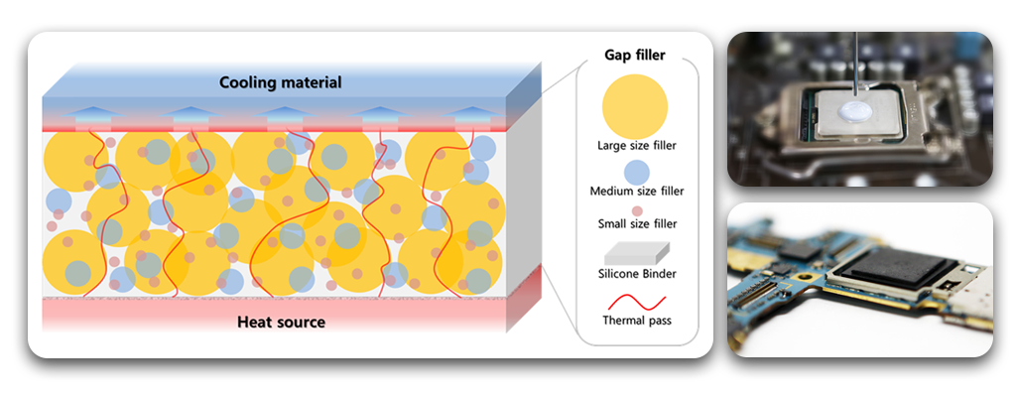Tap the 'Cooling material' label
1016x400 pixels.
[281, 82]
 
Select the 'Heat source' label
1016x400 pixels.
[281, 322]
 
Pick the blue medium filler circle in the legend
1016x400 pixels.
[634, 170]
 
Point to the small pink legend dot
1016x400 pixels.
[635, 210]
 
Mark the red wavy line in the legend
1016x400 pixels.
[634, 298]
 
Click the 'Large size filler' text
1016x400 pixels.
[635, 146]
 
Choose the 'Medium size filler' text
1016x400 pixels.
[635, 191]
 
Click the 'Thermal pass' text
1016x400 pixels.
[635, 320]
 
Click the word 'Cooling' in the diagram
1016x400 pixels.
[248, 82]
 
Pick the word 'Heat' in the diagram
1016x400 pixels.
[257, 322]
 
